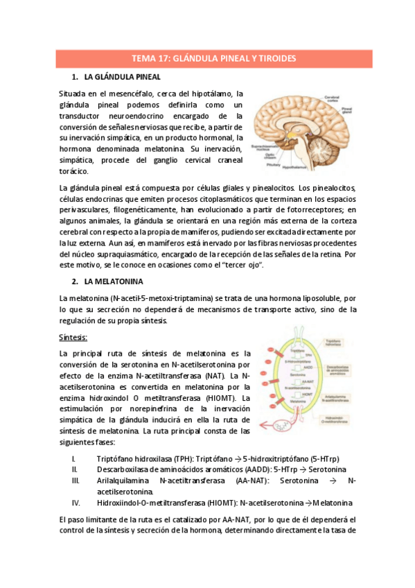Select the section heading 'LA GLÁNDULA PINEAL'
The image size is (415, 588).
point(122,77)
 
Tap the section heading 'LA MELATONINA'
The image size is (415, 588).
point(114,282)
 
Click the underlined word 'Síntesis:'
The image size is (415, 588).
point(73,337)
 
